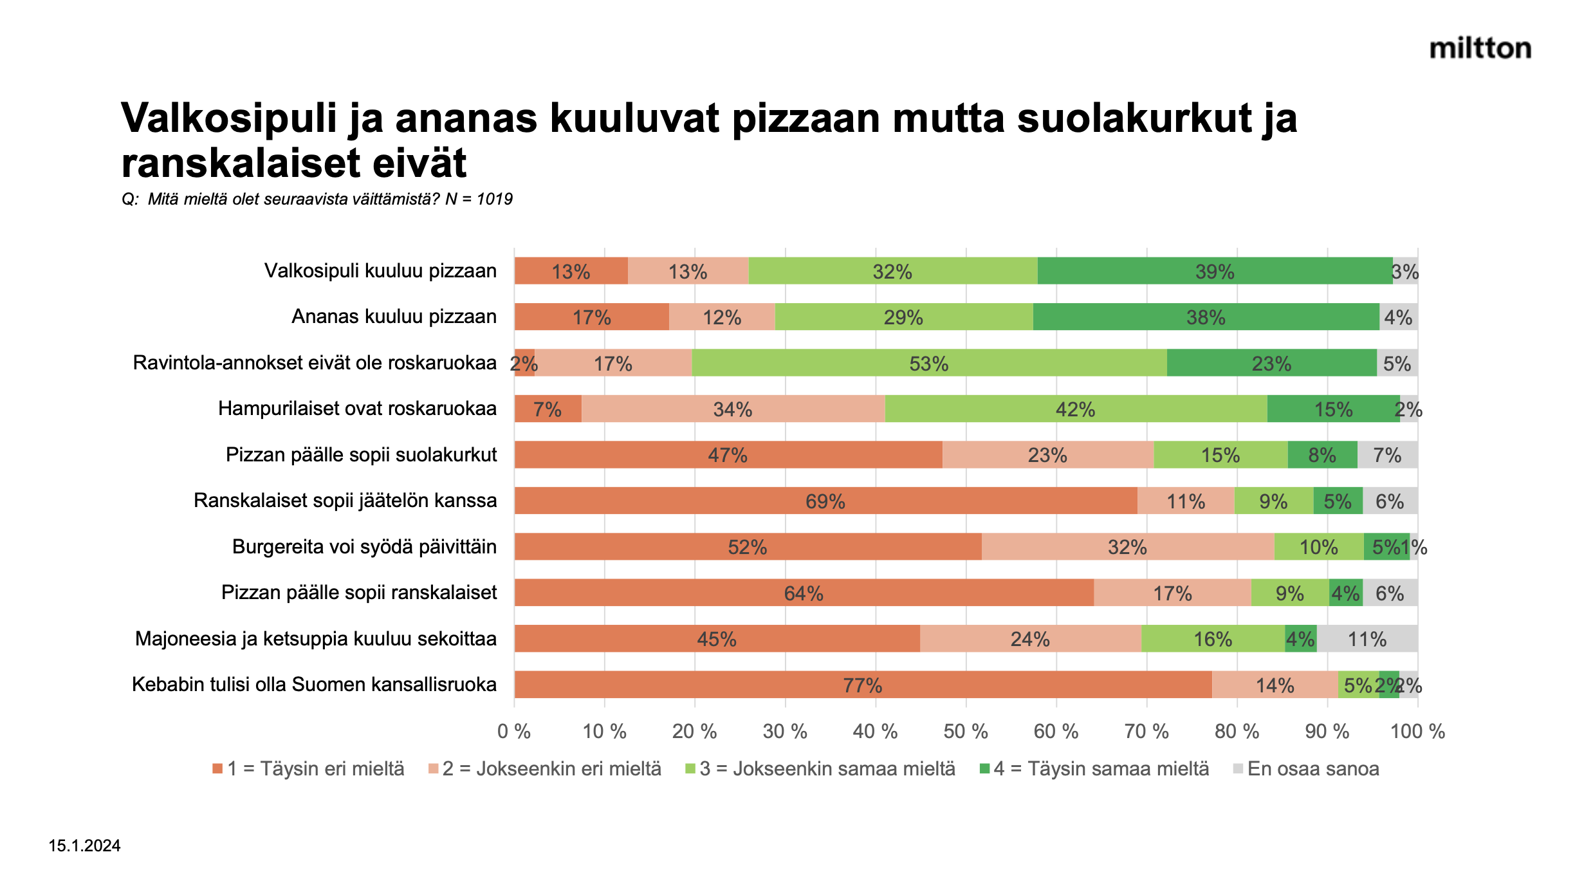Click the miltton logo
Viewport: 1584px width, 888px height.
click(1480, 49)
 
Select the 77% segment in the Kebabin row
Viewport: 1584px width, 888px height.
click(862, 685)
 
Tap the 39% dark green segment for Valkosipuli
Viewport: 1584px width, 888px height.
click(1215, 271)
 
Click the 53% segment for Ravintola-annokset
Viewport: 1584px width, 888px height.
click(928, 363)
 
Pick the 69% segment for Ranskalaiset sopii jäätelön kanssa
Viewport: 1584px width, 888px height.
click(825, 501)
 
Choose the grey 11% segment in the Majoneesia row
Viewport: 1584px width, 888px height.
click(1367, 638)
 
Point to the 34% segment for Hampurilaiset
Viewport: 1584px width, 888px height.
click(733, 409)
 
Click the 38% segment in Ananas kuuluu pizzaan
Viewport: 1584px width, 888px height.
click(1206, 317)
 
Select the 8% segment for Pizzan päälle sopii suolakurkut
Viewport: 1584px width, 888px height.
click(1322, 455)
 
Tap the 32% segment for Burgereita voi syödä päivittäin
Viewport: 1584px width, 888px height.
click(1127, 547)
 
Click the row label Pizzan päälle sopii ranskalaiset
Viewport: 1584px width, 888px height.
click(359, 593)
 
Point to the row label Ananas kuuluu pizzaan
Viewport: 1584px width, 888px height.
click(394, 317)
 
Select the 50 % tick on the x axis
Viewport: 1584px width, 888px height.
click(966, 732)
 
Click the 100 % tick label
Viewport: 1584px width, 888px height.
click(1417, 732)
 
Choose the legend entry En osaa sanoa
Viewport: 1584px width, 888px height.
click(1312, 769)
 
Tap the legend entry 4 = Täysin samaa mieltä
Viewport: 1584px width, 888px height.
click(1101, 769)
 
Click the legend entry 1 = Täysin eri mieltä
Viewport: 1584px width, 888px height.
click(315, 769)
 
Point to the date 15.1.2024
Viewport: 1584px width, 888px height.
click(84, 846)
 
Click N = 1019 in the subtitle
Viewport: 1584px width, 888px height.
click(479, 199)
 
